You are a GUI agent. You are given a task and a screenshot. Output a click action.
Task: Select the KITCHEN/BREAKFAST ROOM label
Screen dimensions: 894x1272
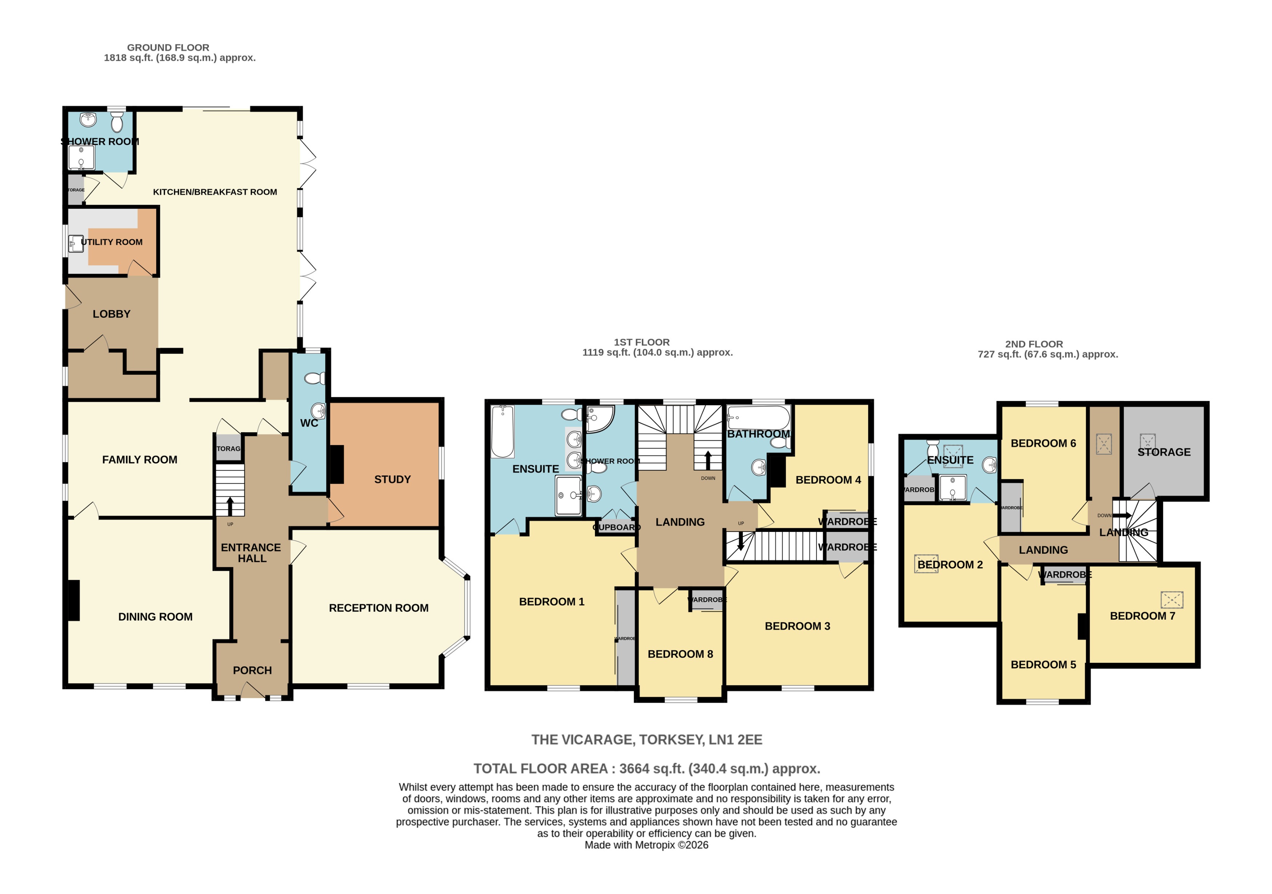(215, 192)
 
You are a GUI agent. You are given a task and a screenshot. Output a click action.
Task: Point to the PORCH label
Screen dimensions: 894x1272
(252, 671)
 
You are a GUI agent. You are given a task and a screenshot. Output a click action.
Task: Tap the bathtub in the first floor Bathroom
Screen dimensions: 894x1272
(758, 418)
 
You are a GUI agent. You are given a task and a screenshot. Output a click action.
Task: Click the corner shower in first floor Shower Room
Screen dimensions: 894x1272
(599, 420)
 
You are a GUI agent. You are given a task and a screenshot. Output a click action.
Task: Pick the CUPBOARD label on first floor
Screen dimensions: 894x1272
(617, 527)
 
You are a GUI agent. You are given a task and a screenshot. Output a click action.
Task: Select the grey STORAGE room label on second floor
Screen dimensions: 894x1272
(1164, 452)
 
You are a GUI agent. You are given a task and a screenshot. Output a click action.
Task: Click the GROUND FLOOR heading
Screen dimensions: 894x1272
(168, 48)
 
